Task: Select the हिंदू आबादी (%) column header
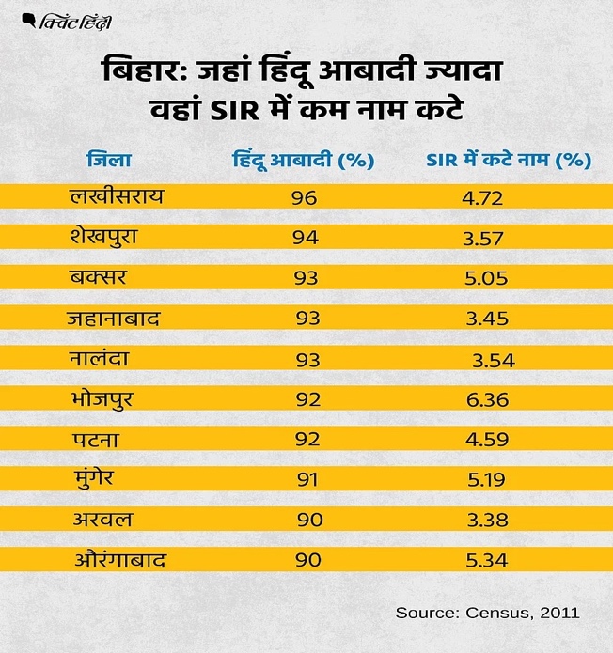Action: (303, 159)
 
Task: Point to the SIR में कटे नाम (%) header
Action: (507, 159)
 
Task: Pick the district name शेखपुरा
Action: (111, 238)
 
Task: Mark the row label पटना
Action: (94, 439)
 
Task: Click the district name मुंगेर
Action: (98, 479)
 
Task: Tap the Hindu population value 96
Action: (306, 198)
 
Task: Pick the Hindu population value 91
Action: (306, 480)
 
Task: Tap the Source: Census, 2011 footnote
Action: (487, 613)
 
